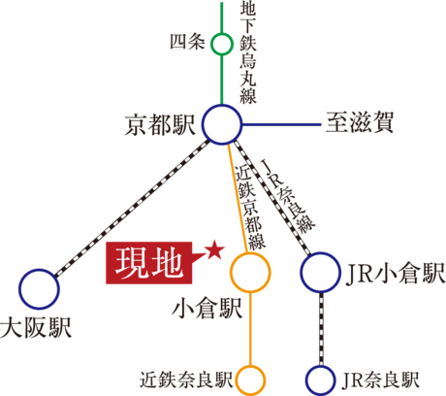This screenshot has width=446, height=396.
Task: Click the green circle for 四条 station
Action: [x=222, y=34]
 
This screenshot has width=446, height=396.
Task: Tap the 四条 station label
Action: [x=187, y=42]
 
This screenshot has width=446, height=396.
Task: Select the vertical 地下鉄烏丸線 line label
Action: [x=248, y=53]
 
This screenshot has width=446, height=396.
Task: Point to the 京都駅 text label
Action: [x=160, y=124]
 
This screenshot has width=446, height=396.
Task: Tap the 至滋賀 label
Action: [x=360, y=122]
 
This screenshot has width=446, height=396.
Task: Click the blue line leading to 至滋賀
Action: [x=281, y=124]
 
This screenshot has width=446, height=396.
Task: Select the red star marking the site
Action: [x=214, y=250]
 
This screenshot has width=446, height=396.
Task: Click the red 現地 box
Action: [x=149, y=263]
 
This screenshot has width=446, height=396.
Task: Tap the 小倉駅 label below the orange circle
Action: [x=207, y=309]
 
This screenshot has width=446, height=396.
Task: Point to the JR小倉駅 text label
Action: [x=396, y=273]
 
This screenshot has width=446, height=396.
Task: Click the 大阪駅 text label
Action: [x=36, y=328]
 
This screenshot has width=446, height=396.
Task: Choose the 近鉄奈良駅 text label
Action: [x=186, y=379]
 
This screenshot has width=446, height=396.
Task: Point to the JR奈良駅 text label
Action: [x=380, y=379]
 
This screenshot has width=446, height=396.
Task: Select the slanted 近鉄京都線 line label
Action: [x=249, y=207]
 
